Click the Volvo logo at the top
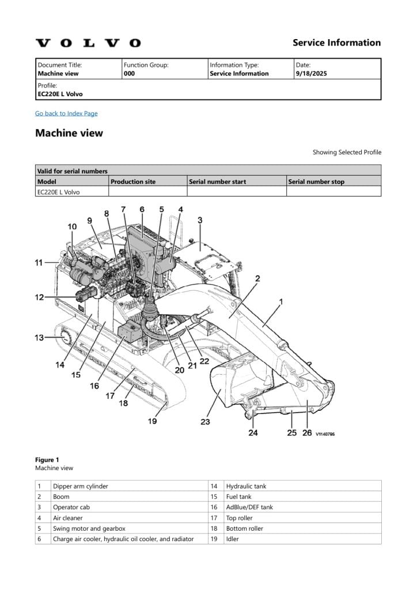[88, 43]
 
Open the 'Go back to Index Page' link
[66, 114]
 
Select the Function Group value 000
[129, 74]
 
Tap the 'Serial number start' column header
[217, 181]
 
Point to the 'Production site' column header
[133, 181]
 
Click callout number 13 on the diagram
[39, 338]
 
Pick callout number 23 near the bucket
[205, 422]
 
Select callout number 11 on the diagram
[39, 263]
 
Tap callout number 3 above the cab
[200, 220]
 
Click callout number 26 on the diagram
[307, 433]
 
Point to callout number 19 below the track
[152, 421]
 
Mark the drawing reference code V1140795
[325, 434]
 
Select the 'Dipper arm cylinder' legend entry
[80, 486]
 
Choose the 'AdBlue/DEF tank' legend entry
[249, 507]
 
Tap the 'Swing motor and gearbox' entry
[89, 528]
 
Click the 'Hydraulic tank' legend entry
[246, 486]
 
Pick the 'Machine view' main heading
[69, 133]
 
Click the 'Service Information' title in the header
[336, 43]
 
